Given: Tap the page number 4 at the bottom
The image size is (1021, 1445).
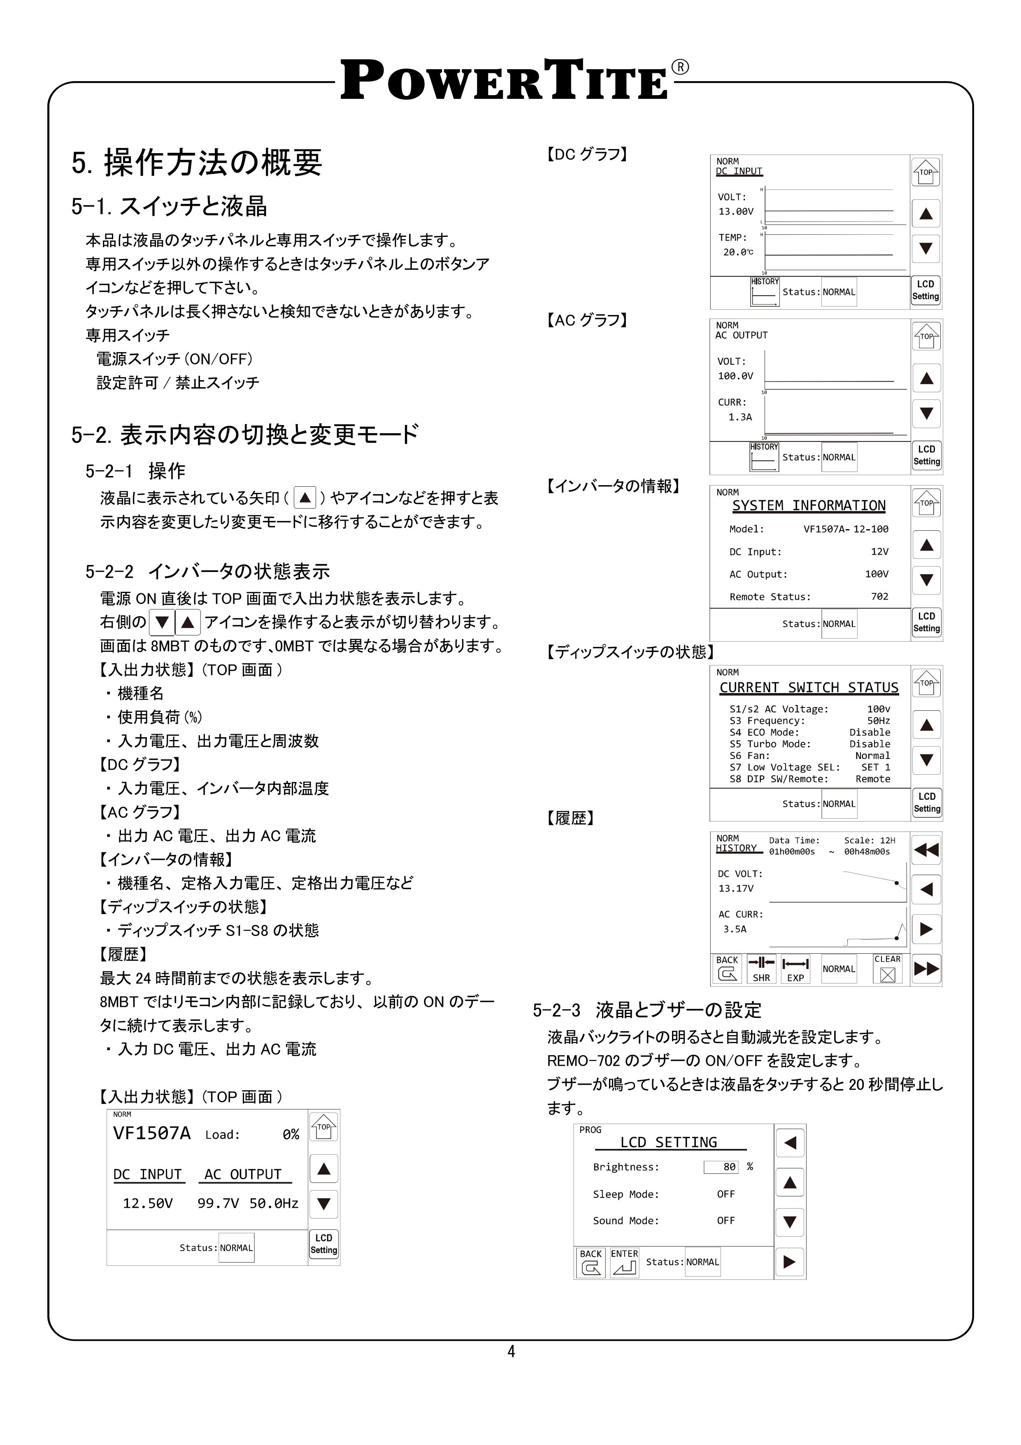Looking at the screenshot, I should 511,1351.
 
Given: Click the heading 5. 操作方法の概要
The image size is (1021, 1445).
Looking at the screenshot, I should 196,162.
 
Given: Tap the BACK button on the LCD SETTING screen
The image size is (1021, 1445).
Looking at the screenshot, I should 591,1262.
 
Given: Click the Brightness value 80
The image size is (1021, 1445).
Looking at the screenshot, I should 721,1167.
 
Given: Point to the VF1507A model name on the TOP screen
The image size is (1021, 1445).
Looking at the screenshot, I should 151,1133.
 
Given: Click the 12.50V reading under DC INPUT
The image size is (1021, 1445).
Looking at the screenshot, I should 147,1203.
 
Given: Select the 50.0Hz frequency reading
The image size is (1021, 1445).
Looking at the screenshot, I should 274,1203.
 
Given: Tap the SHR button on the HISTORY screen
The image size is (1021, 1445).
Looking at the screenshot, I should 761,969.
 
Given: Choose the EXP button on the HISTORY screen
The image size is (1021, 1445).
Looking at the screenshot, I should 795,969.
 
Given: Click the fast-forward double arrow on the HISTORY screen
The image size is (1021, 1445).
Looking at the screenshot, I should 926,969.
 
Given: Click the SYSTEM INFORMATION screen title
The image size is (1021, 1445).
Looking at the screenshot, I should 808,505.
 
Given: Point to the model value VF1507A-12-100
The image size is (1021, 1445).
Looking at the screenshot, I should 846,529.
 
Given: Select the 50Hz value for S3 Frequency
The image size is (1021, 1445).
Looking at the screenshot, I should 878,721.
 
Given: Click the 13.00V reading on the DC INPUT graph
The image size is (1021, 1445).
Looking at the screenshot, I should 735,212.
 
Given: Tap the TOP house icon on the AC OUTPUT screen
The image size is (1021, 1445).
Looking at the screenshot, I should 926,336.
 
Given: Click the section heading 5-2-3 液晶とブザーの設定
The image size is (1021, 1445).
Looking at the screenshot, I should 647,1010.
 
